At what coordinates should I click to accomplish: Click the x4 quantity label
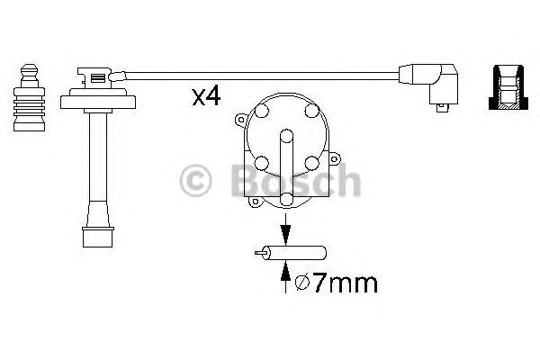click(206, 97)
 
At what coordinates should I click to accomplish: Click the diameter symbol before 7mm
click(302, 283)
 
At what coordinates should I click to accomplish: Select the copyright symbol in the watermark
click(195, 180)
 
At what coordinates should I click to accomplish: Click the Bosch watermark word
click(295, 180)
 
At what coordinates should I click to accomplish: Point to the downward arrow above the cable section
click(285, 229)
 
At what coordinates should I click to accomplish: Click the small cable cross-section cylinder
click(291, 253)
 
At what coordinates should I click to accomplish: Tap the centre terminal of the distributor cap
click(286, 136)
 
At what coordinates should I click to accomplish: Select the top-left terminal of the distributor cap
click(261, 110)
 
